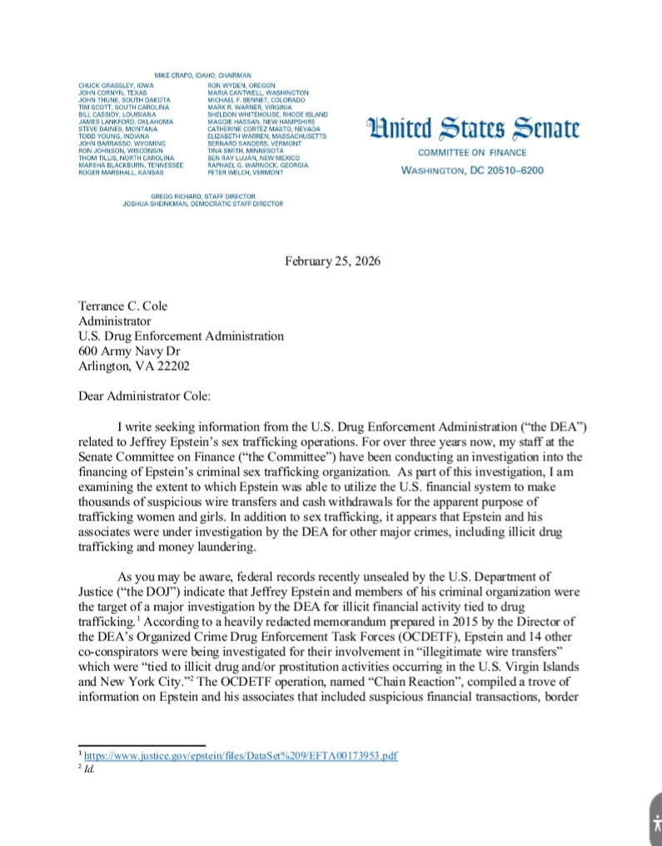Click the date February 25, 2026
tap(333, 261)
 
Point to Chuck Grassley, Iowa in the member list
tap(116, 85)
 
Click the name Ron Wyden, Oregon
tap(241, 85)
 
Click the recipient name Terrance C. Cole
tap(123, 306)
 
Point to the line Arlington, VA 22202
tap(134, 366)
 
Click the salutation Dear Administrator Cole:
tap(147, 397)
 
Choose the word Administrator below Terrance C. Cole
tap(115, 321)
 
